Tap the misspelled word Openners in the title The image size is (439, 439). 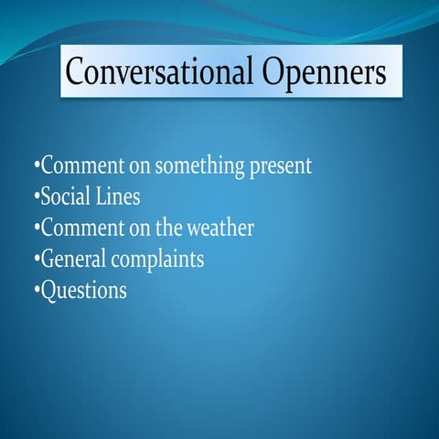(317, 71)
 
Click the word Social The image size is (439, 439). (67, 197)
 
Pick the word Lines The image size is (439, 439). (118, 197)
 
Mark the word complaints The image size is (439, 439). (157, 261)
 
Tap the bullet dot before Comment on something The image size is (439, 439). (36, 168)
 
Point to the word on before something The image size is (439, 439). (138, 168)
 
